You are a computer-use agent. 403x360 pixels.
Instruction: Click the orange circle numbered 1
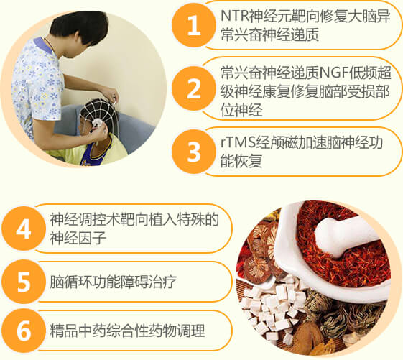[194, 25]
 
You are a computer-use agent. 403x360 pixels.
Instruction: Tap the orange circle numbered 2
[194, 88]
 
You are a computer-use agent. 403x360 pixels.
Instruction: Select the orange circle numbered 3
[194, 152]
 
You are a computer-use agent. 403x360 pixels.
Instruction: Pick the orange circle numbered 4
[24, 229]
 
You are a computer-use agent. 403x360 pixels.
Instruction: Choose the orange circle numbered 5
[24, 282]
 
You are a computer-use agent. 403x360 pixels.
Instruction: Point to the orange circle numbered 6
[24, 331]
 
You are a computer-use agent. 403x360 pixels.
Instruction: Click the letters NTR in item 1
[235, 16]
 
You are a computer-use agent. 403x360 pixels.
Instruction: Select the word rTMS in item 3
[238, 142]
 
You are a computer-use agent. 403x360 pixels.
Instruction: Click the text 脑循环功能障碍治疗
[114, 282]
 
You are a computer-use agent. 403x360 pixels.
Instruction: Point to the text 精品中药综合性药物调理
[127, 331]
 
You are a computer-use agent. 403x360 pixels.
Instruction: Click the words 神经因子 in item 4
[78, 238]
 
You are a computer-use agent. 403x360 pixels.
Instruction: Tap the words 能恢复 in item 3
[241, 161]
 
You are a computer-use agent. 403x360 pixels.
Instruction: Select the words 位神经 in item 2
[241, 110]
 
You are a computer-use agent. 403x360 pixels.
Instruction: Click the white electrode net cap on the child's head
[99, 116]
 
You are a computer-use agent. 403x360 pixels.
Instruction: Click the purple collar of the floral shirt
[45, 46]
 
